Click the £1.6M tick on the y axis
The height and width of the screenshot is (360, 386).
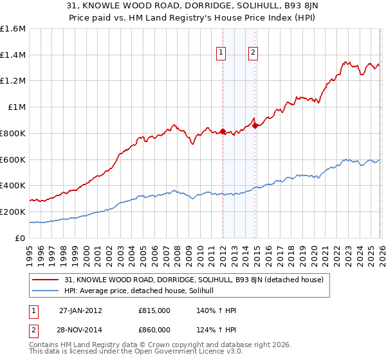12,29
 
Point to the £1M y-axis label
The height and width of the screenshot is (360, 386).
17,107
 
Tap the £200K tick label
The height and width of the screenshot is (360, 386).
12,212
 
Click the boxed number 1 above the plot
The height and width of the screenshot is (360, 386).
221,53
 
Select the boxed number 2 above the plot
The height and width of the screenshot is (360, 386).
253,53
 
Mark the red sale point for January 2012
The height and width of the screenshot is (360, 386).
223,132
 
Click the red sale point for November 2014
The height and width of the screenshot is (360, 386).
255,126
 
